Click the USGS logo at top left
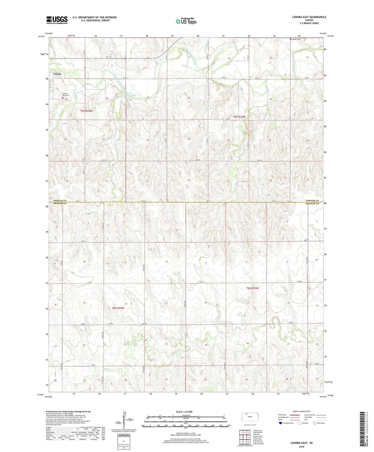coord(57,20)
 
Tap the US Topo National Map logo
coord(186,21)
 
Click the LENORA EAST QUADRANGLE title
coord(305,17)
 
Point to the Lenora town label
coord(57,74)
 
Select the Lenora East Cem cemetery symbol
coord(62,98)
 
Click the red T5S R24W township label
coord(86,111)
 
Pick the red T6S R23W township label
coord(252,288)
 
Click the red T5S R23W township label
coord(239,117)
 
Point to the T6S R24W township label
coord(118,308)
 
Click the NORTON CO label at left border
coord(60,201)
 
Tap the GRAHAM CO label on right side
coord(312,203)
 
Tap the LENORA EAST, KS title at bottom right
coord(302,443)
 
